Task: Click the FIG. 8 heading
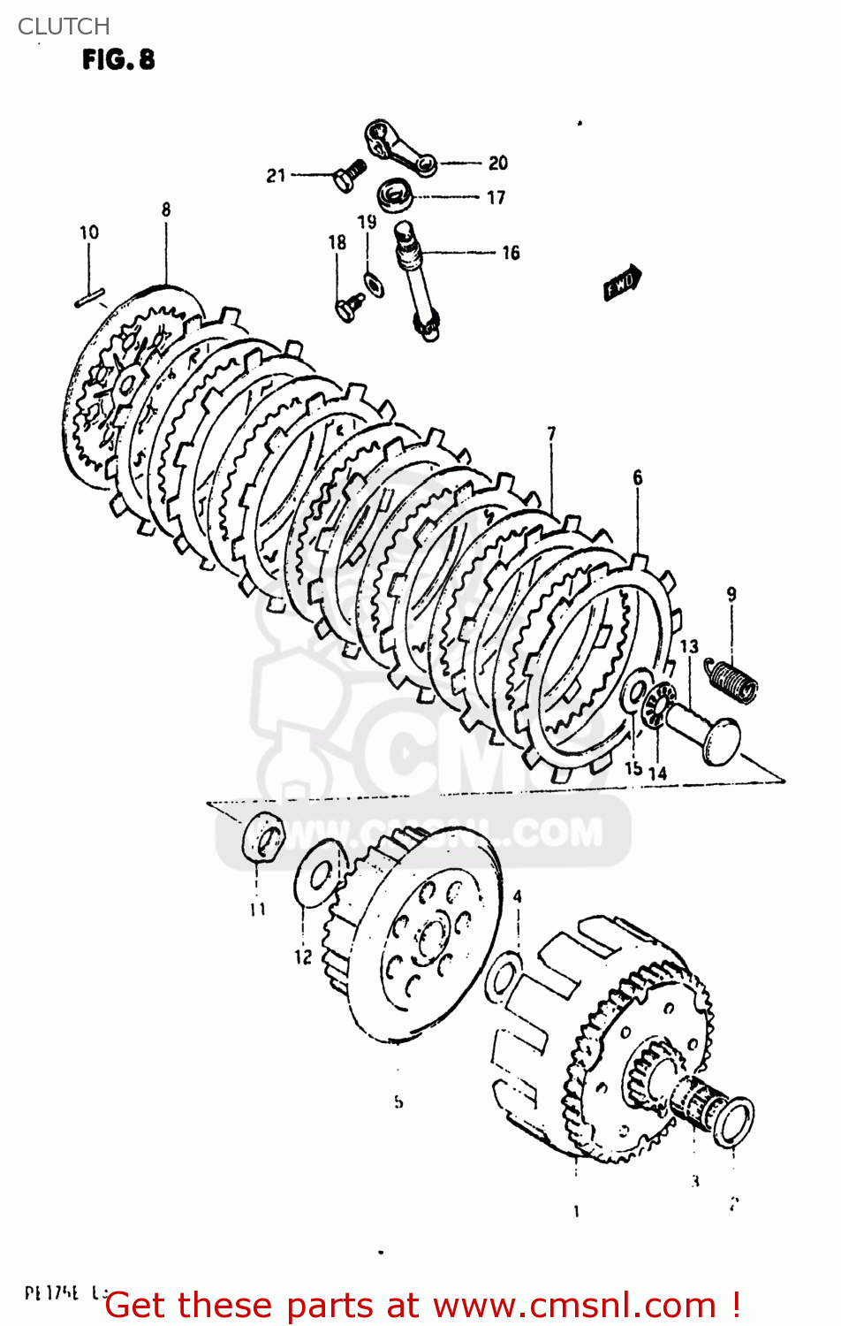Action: click(118, 60)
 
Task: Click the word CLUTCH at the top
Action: click(64, 27)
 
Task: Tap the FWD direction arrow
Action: click(622, 284)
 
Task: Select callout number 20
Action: click(498, 163)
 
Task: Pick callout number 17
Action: click(496, 197)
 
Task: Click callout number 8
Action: click(166, 210)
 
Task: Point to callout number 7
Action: click(551, 433)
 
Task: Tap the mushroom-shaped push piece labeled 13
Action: click(707, 728)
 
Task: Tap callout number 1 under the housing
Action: click(576, 1211)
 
